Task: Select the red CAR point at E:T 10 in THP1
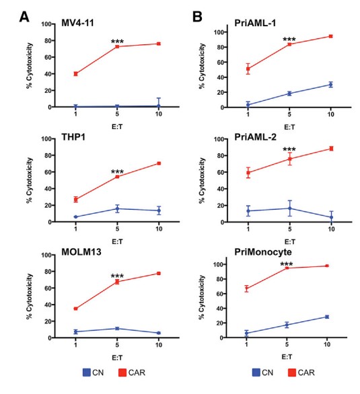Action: pos(158,163)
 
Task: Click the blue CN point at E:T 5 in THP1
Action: pos(117,208)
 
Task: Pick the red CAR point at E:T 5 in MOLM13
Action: pos(117,282)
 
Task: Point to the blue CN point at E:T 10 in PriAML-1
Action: pos(330,85)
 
